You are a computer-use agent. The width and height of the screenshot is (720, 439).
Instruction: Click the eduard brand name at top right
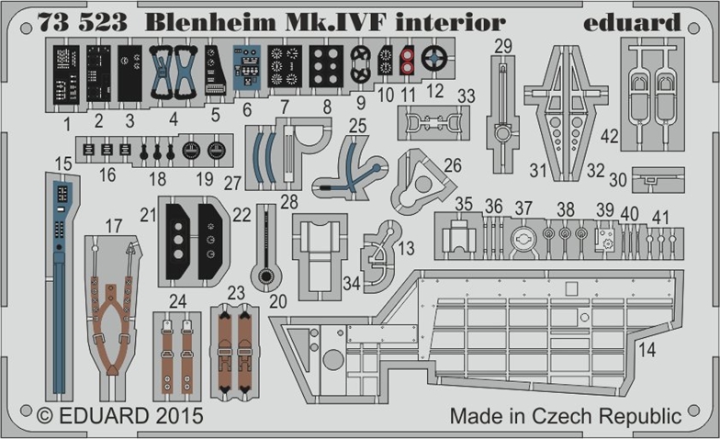click(644, 22)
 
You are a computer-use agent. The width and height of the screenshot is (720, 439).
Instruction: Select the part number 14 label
click(647, 350)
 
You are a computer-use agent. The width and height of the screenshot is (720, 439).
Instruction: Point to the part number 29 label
click(502, 47)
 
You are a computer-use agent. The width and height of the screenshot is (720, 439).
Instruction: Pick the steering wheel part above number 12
click(433, 61)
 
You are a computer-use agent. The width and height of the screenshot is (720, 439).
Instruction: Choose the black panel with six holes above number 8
click(327, 66)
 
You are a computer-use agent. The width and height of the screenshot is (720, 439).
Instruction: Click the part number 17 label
click(113, 224)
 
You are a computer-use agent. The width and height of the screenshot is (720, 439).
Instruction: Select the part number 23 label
click(237, 293)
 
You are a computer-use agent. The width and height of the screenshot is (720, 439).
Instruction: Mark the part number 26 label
click(452, 166)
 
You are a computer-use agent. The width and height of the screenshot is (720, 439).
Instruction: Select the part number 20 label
click(278, 300)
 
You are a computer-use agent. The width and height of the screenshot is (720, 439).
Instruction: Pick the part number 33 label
click(466, 96)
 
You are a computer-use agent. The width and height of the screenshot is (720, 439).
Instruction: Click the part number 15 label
click(62, 163)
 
